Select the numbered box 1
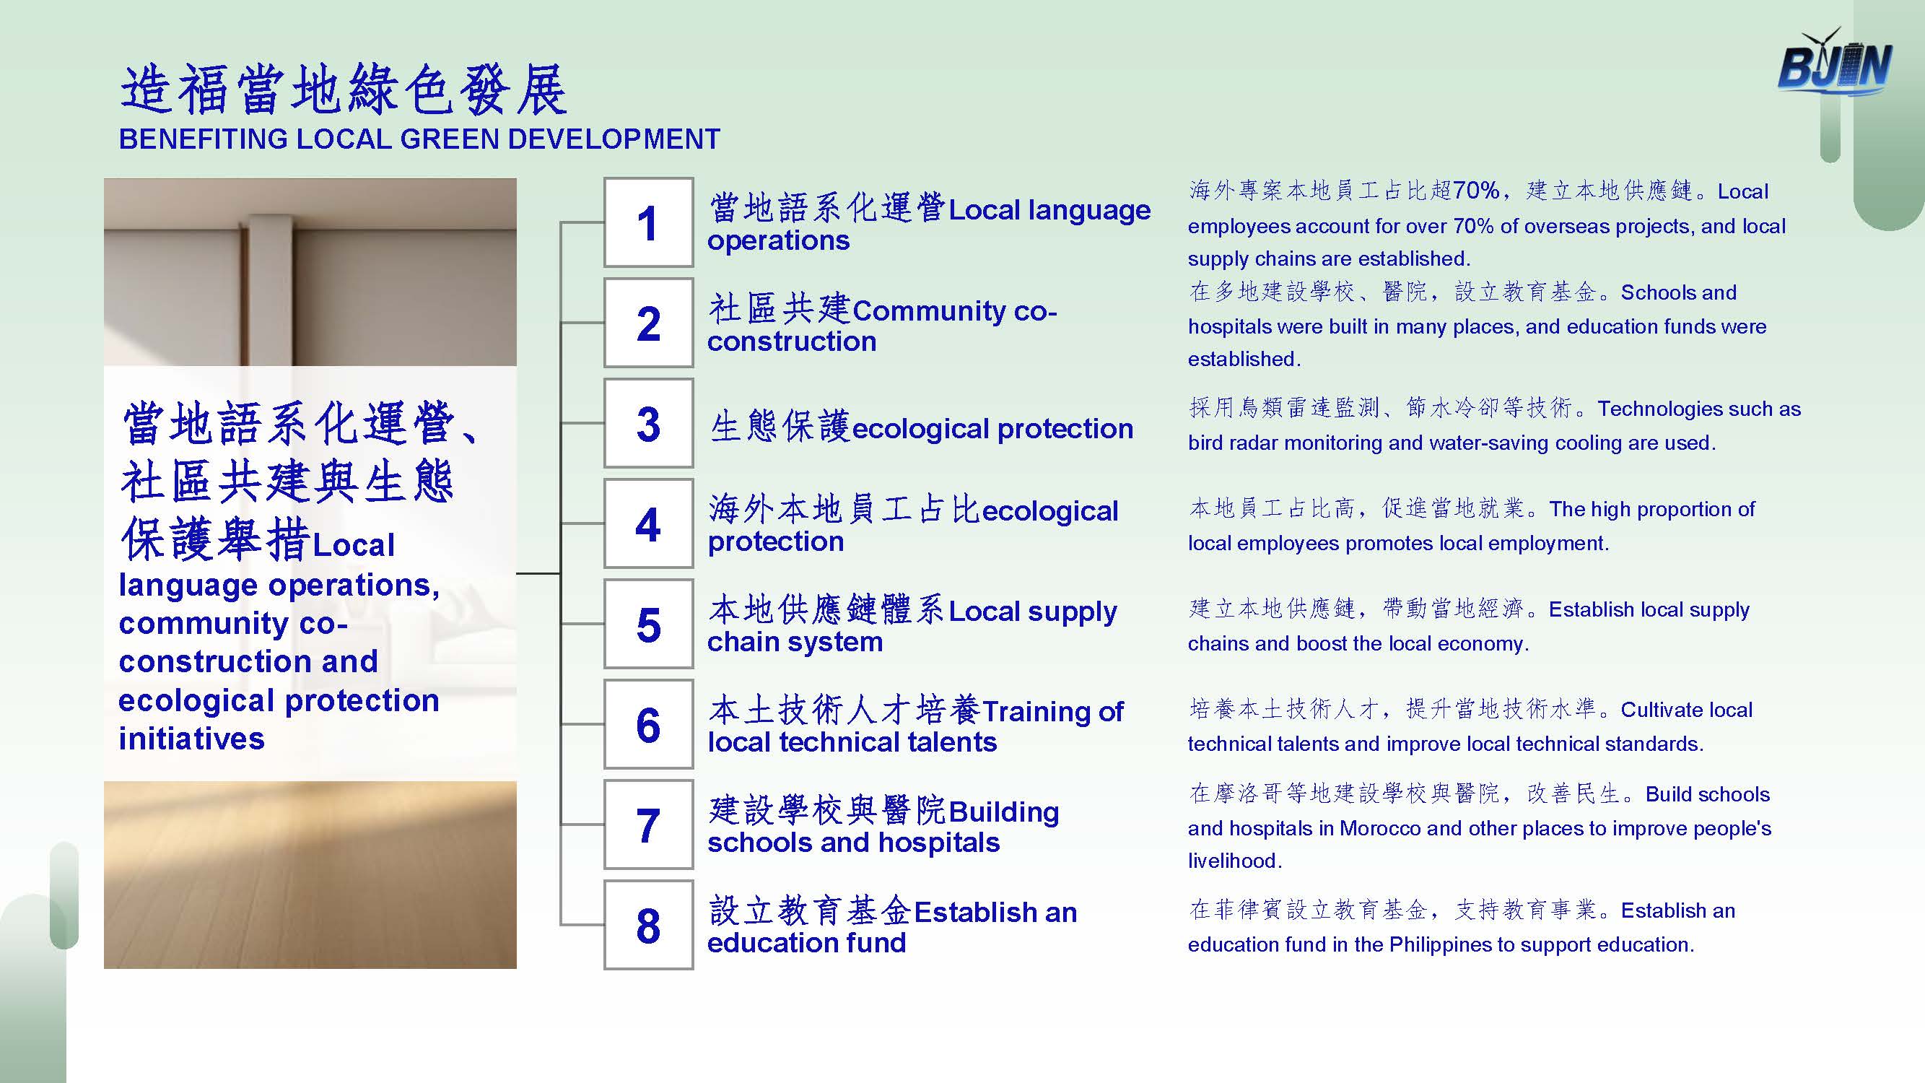pos(649,222)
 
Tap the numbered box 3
pos(649,423)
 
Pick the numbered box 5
pos(649,623)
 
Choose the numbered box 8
pos(649,925)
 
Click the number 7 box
pos(649,825)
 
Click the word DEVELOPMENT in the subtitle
pos(615,139)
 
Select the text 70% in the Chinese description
pos(1477,191)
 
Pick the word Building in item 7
pos(1003,812)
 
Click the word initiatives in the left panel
pos(192,739)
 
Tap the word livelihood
pos(1232,861)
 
